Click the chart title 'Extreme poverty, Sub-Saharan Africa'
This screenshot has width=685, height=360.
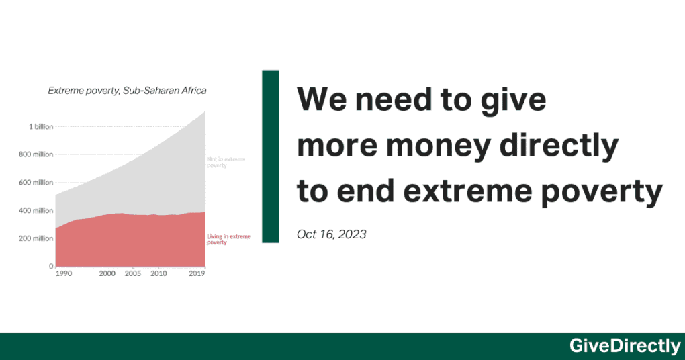[127, 91]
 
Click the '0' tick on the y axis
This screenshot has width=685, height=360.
[50, 266]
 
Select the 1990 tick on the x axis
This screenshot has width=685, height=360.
[64, 274]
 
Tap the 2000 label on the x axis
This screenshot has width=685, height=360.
[107, 274]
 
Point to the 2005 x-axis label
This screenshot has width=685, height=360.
[133, 274]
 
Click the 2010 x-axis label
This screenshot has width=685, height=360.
[158, 274]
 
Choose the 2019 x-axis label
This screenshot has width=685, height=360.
[197, 274]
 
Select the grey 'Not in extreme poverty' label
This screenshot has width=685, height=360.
[226, 162]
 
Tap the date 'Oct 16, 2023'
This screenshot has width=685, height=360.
[331, 234]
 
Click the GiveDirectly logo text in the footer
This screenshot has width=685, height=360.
[625, 346]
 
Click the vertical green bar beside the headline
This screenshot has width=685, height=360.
[270, 156]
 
